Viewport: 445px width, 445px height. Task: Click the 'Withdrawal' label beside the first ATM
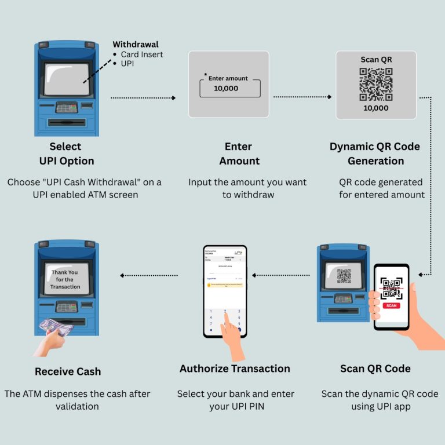point(135,45)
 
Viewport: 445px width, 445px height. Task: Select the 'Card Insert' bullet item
point(142,54)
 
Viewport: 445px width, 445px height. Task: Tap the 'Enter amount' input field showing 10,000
point(230,88)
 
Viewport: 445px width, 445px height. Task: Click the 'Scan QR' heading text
point(376,60)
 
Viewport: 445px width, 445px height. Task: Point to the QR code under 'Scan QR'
point(376,83)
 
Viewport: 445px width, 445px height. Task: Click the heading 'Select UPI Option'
point(65,154)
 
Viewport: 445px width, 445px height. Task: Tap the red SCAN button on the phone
point(391,305)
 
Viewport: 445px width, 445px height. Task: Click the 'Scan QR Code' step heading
point(375,369)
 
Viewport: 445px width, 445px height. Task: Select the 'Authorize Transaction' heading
point(235,369)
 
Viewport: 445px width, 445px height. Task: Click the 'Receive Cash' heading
point(68,371)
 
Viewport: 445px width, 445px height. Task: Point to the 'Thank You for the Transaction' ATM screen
point(65,279)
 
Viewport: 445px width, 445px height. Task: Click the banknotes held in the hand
point(56,328)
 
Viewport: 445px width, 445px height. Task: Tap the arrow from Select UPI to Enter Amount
point(143,98)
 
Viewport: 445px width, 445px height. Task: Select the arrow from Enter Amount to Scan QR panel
point(302,97)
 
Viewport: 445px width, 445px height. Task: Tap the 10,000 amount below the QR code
point(376,108)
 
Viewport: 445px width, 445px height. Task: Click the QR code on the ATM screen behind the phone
point(344,276)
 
